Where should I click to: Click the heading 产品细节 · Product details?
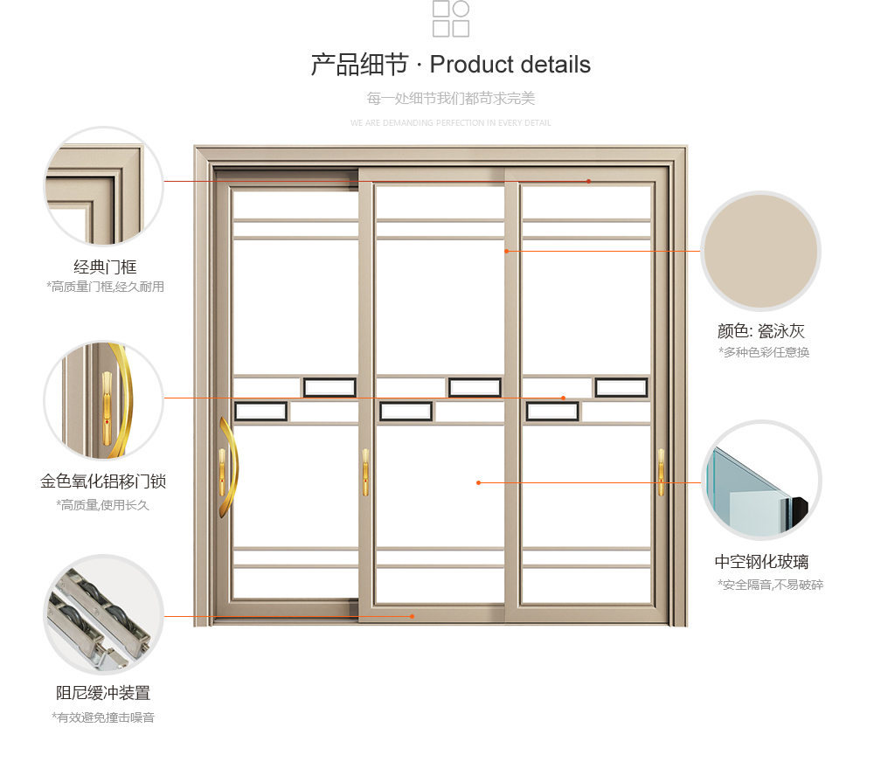450,65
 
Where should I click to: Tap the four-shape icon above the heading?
451,18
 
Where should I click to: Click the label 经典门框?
105,267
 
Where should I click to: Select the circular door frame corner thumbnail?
104,186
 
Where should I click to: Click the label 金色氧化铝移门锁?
103,481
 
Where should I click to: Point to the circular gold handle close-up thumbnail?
104,400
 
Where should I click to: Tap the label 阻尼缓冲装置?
103,693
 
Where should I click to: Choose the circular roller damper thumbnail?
104,614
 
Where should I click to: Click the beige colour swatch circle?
760,251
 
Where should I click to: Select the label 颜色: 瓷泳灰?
760,331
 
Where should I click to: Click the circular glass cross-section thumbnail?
760,481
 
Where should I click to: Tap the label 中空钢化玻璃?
760,562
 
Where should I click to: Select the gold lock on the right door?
661,473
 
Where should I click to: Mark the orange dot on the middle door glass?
478,482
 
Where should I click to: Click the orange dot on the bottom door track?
413,616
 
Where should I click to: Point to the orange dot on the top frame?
588,182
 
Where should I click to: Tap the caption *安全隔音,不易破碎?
770,585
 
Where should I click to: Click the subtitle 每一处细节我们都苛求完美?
450,99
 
